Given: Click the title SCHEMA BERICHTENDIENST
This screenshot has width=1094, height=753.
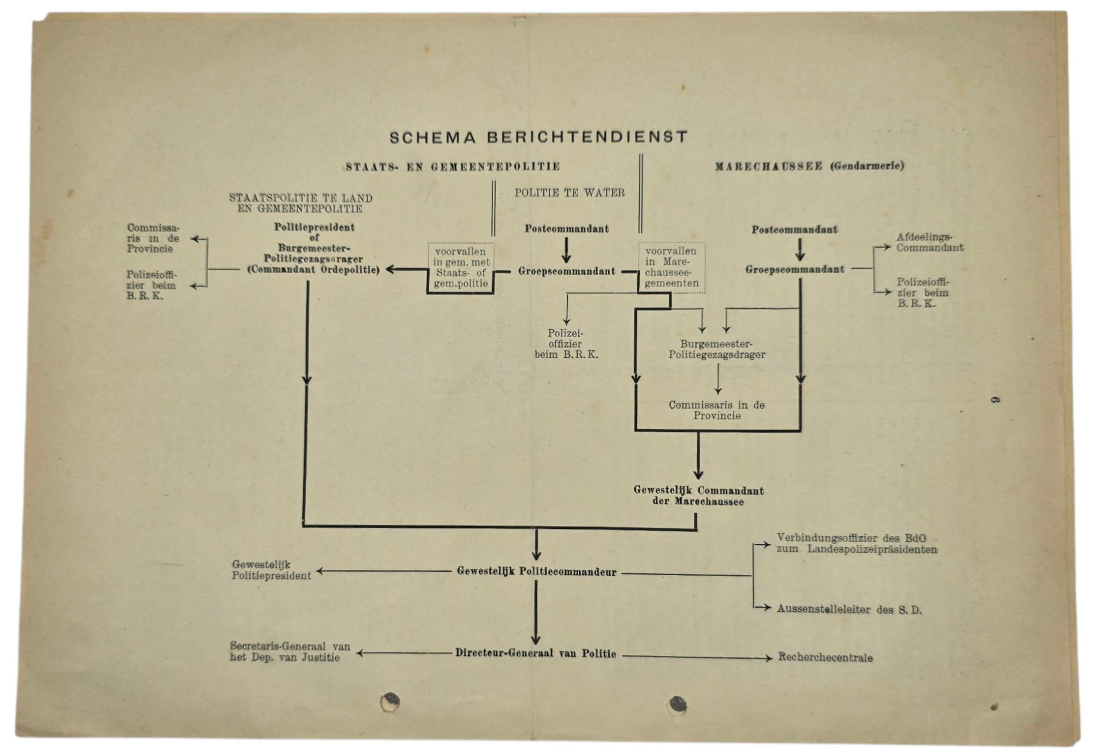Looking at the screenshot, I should coord(539,137).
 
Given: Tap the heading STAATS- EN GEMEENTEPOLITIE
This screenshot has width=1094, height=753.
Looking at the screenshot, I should coord(453,167).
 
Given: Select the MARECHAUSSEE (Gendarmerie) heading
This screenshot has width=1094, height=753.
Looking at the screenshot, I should coord(810,166).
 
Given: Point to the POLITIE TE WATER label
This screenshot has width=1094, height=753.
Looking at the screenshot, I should coord(570,193).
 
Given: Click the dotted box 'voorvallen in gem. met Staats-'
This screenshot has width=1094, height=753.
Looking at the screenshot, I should coord(461,267).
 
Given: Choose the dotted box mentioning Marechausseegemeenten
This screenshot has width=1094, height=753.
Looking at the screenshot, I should coord(671,267).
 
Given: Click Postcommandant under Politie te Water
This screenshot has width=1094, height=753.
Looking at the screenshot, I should coord(567,229).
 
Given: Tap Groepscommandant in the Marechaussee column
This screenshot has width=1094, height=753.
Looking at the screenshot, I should coord(795,269).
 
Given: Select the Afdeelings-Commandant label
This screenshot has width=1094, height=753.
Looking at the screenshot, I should coord(929,242).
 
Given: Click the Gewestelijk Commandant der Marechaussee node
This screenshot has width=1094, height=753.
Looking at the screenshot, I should coord(698,496).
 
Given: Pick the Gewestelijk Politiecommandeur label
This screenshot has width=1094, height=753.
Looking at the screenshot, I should coord(536,572).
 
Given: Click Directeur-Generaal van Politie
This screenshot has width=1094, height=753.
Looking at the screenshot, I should coord(535,653).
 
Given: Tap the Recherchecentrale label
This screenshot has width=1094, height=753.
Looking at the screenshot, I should coord(825,657).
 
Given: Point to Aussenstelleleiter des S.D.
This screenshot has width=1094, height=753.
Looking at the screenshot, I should coord(849,609).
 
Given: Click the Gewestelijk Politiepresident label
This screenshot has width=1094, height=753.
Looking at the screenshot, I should coord(271,570).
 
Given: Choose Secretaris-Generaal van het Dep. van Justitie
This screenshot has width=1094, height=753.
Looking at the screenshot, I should coord(290,651).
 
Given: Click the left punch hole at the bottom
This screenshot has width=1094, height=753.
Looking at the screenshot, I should coord(390,701).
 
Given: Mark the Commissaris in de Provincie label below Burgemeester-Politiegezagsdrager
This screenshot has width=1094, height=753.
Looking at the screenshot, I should coord(717,410).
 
